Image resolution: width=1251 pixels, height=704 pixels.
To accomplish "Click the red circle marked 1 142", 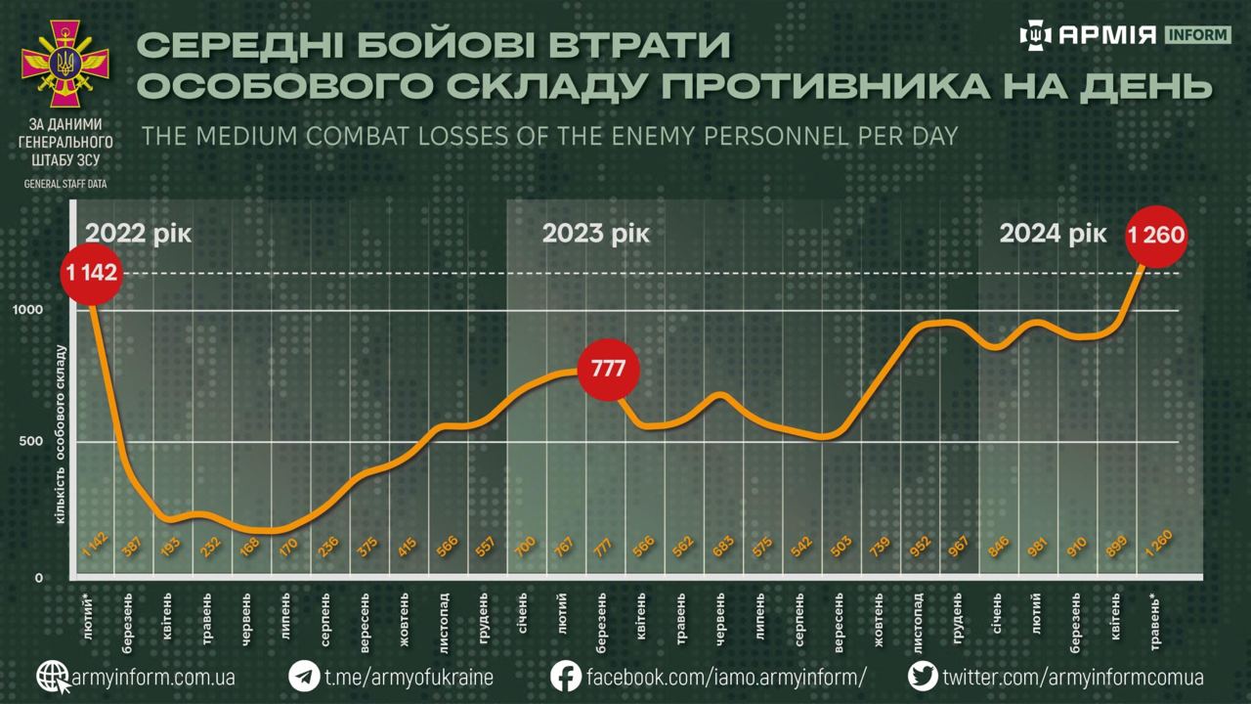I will pos(93,273).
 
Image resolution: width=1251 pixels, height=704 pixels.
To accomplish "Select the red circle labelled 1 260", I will pos(1156,236).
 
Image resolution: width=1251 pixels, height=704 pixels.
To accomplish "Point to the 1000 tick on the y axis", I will pos(28,309).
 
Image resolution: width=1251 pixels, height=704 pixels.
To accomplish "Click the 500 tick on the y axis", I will pos(31,441).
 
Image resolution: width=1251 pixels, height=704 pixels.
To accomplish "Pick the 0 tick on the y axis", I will pos(39,577).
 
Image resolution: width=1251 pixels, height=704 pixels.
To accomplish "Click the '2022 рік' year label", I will pos(138,235).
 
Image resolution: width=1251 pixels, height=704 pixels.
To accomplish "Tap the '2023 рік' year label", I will pos(595,235).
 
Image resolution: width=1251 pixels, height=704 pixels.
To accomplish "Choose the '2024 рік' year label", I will pos(1053,235).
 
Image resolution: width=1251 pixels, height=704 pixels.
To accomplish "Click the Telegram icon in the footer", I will pos(304,677).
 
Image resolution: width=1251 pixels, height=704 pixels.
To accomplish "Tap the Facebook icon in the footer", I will pos(566,677).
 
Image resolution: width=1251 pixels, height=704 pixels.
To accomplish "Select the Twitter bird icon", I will pos(923,677).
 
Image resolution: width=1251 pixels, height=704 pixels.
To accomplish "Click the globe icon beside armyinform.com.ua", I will pos(54,677).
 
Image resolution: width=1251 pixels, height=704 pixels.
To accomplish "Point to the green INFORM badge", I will pos(1196,35).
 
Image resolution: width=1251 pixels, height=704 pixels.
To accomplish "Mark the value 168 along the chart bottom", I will pos(249,548).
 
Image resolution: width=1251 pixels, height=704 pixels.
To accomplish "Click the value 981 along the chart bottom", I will pos(1039,548).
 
